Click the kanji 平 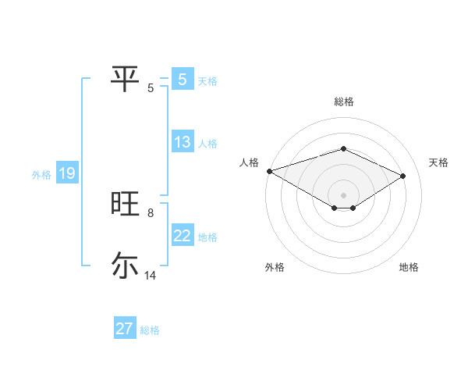pos(125,79)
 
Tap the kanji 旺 pos(125,204)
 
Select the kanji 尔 pos(125,265)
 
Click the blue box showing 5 pos(183,79)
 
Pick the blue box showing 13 pos(183,142)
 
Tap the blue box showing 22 pos(183,236)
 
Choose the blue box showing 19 pos(67,173)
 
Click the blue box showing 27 pos(125,329)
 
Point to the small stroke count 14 pos(151,276)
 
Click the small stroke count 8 pos(150,213)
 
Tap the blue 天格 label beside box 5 pos(207,80)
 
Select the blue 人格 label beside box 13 pos(207,144)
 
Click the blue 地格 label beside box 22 pos(207,237)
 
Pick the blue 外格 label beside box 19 pos(41,175)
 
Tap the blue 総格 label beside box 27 pos(150,330)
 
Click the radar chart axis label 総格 pos(343,102)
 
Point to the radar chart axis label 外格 pos(275,268)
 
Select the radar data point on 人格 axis pos(269,170)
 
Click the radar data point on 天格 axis pos(403,175)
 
